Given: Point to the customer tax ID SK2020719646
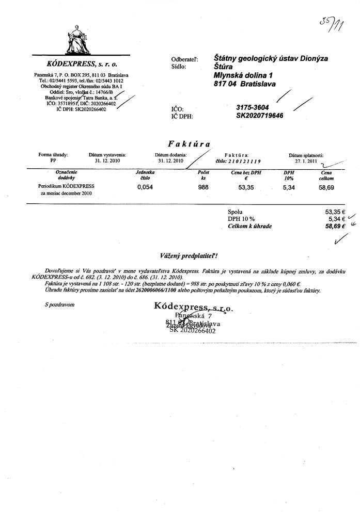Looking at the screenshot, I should (x=260, y=116).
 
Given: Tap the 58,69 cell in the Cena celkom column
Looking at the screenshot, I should (x=326, y=188).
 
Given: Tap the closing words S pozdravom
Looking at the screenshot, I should (x=60, y=304).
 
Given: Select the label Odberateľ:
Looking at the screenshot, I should (x=184, y=60).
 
